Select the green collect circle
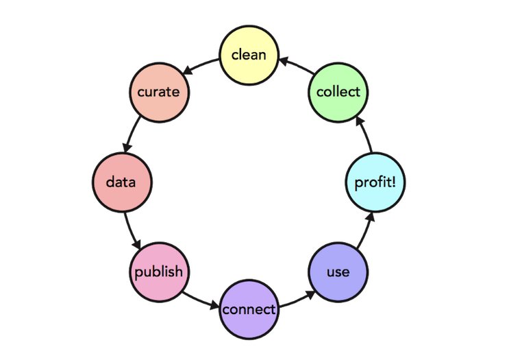338,92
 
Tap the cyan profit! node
375,182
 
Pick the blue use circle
338,272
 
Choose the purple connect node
249,309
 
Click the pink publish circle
159,272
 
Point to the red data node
122,182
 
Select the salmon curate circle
159,92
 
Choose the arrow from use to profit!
363,230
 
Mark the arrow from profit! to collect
363,135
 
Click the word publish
159,272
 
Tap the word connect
249,310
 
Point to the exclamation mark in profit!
395,182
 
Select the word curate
159,92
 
